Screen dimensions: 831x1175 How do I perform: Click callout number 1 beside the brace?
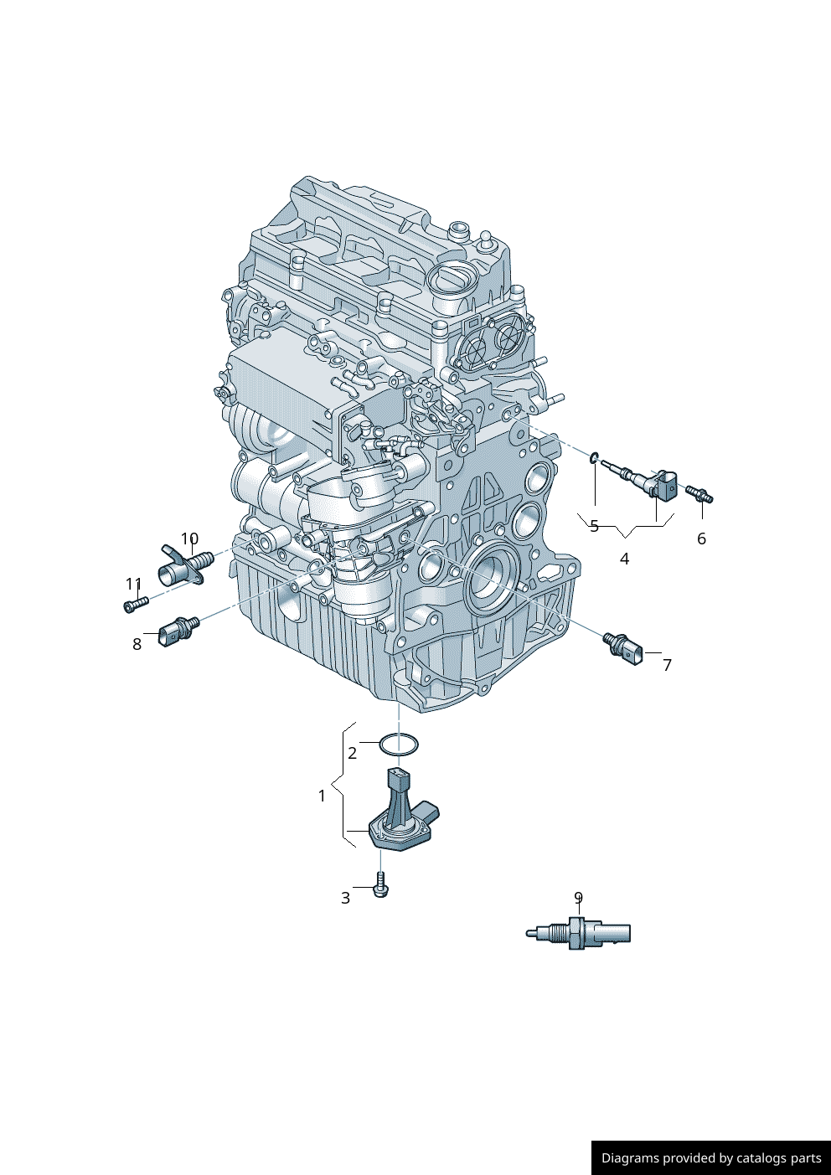323,796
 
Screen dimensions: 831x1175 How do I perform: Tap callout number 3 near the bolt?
345,898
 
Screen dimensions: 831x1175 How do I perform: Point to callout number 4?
624,559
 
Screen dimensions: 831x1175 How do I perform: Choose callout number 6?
701,539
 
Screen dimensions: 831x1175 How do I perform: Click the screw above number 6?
699,493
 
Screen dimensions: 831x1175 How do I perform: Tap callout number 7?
667,665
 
